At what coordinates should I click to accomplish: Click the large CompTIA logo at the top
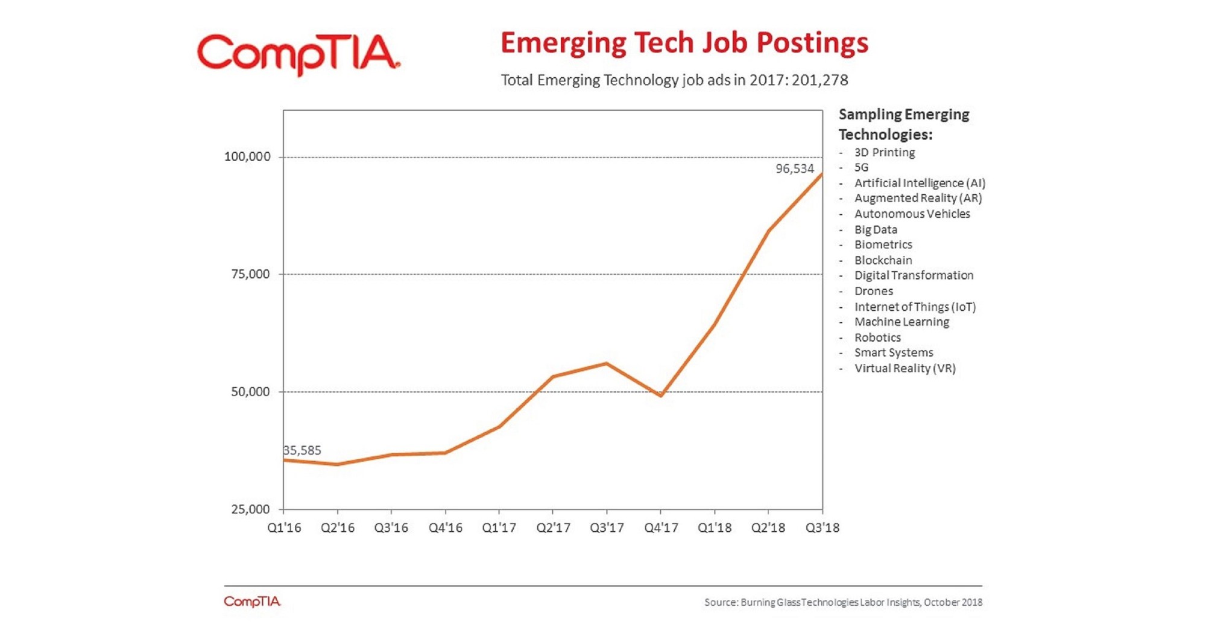[x=298, y=54]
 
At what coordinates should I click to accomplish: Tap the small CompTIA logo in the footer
[x=252, y=602]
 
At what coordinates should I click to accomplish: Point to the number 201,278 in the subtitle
[x=819, y=80]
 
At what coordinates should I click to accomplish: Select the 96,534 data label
[x=794, y=169]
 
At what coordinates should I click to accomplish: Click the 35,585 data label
[x=302, y=450]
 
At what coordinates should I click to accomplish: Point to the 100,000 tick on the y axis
[x=247, y=157]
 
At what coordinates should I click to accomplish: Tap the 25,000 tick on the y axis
[x=250, y=509]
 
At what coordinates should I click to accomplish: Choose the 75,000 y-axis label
[x=250, y=275]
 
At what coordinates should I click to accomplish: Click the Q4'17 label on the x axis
[x=661, y=528]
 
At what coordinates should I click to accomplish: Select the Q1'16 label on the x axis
[x=284, y=528]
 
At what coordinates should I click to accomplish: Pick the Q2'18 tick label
[x=768, y=528]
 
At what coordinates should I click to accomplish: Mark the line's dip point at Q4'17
[x=661, y=395]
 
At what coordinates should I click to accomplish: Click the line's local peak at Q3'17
[x=606, y=363]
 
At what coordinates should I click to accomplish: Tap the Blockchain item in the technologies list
[x=883, y=260]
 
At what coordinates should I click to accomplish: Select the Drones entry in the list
[x=873, y=291]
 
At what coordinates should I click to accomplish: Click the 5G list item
[x=861, y=168]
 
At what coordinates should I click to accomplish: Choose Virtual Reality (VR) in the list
[x=904, y=368]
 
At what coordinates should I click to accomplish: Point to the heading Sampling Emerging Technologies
[x=903, y=124]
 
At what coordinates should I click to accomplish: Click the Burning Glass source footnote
[x=843, y=602]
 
